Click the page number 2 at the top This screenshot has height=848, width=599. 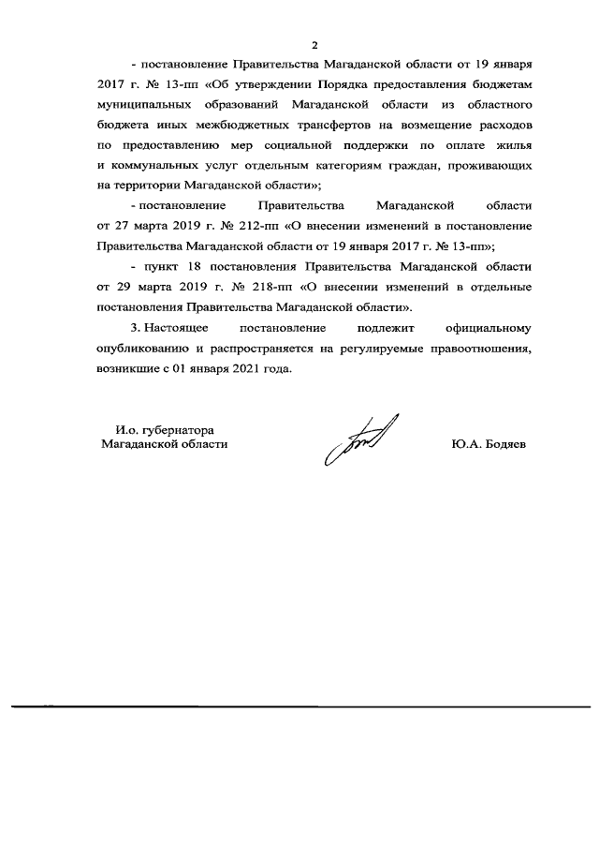315,45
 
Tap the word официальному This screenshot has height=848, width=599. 486,328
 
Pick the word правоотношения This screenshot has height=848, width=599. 479,349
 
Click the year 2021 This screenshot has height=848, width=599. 235,368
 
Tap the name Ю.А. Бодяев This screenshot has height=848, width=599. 488,445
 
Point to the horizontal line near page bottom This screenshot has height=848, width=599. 299,705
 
